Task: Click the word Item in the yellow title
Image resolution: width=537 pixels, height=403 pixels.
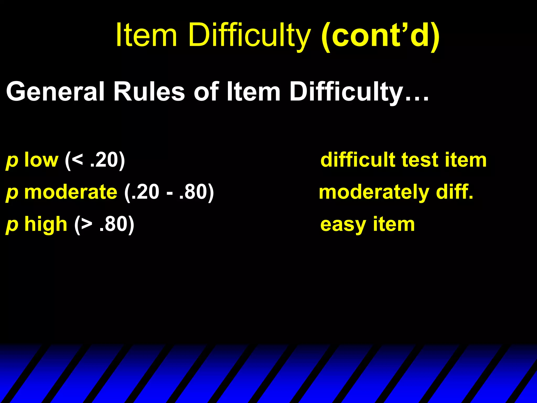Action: [x=146, y=35]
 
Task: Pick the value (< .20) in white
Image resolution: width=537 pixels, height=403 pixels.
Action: [x=95, y=160]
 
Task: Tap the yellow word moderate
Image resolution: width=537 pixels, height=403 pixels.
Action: [x=71, y=192]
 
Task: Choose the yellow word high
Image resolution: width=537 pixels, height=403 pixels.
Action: [x=46, y=225]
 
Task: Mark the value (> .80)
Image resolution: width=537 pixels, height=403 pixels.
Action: [x=104, y=225]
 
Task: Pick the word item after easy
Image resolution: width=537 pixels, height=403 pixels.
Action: [x=394, y=224]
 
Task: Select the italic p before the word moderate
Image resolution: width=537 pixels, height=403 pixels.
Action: [x=12, y=193]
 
